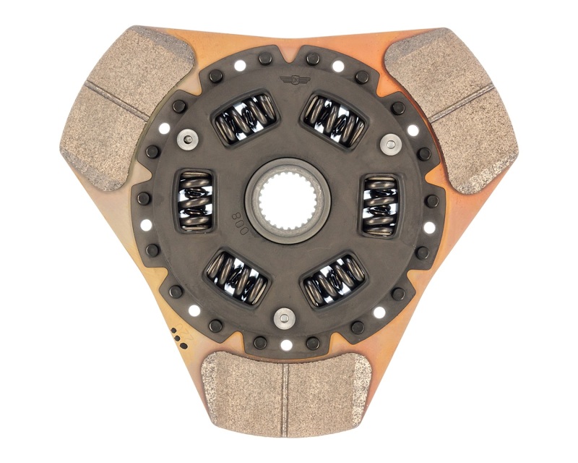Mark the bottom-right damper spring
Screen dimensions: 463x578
[335, 279]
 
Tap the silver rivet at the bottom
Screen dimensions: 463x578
[285, 316]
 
